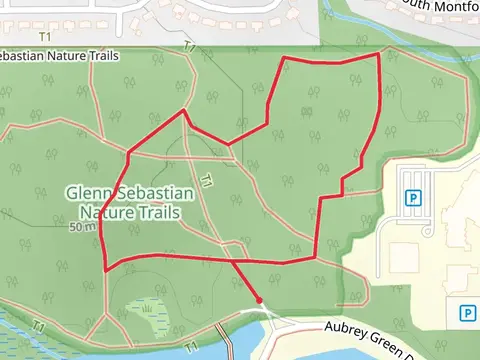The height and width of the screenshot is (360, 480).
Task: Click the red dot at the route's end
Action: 259,299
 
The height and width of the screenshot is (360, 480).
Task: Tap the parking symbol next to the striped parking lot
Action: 411,198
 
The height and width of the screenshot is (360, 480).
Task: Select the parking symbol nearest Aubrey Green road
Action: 466,313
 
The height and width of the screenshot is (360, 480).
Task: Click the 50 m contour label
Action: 82,227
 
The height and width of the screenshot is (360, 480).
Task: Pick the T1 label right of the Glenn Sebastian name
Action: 206,182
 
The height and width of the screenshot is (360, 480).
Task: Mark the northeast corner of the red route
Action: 379,53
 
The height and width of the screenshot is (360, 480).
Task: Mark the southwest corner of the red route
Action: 107,269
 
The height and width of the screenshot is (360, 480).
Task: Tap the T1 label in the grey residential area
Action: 190,47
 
